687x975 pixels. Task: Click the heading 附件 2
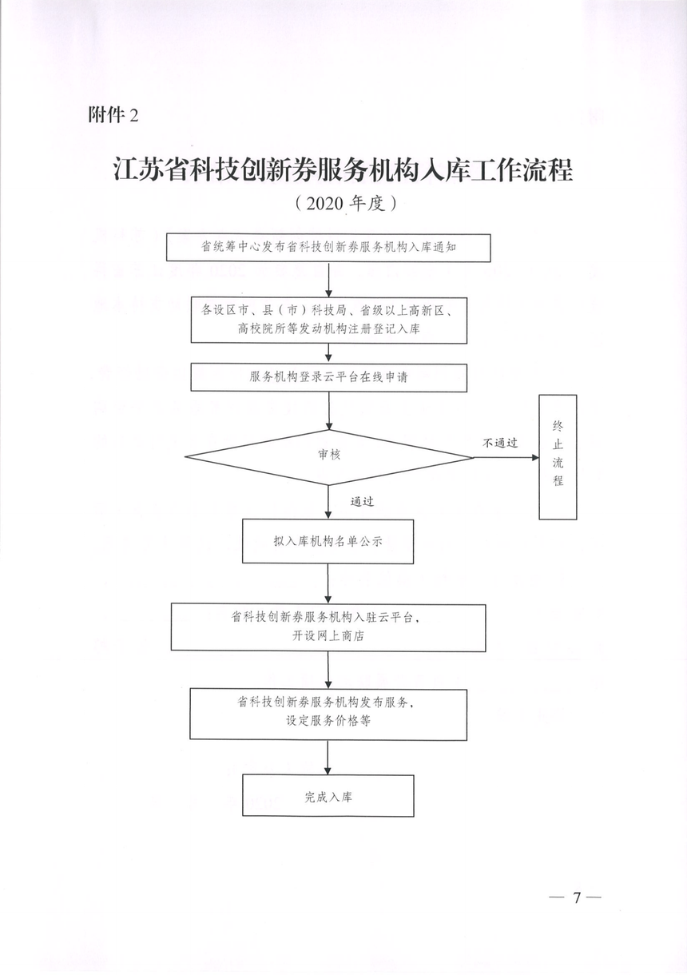click(x=113, y=115)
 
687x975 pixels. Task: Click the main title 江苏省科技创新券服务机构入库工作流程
click(x=343, y=169)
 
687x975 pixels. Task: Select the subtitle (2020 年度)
click(x=346, y=203)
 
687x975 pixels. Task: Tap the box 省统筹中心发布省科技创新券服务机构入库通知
click(x=328, y=248)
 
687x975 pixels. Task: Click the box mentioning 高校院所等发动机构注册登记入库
click(x=329, y=320)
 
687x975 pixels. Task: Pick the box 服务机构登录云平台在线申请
click(x=329, y=377)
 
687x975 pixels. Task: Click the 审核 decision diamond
click(x=329, y=457)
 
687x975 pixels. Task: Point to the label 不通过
click(x=500, y=443)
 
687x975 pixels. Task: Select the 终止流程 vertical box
click(x=558, y=457)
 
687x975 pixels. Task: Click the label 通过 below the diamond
click(x=362, y=501)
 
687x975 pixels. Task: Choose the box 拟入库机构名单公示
click(x=328, y=542)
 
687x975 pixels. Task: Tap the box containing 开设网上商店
click(x=328, y=627)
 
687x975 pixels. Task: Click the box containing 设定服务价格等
click(x=328, y=714)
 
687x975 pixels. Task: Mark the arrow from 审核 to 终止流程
click(x=506, y=457)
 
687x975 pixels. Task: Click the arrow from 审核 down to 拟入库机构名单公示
click(x=328, y=501)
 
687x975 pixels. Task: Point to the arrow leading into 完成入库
click(x=328, y=758)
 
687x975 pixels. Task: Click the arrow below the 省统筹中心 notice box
click(x=329, y=280)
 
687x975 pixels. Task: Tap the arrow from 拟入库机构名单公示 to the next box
click(x=328, y=583)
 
